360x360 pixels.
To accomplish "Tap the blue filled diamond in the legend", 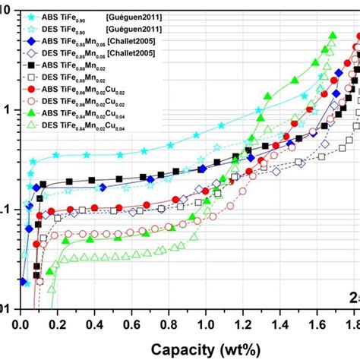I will pos(33,41).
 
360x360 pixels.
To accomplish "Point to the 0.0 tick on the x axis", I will pos(21,324).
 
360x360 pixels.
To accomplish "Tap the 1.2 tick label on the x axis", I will pos(242,324).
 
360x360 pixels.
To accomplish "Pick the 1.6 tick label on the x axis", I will pos(317,324).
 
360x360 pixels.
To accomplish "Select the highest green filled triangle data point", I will pos(333,35).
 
